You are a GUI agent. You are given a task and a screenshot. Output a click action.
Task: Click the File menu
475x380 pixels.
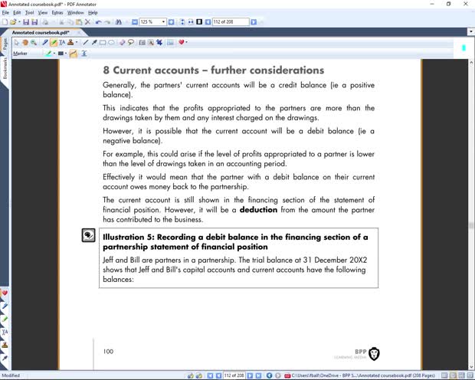[x=6, y=13]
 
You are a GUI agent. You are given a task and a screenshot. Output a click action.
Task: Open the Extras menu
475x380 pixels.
[x=57, y=13]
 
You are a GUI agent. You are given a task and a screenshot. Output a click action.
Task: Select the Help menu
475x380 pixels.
[x=93, y=13]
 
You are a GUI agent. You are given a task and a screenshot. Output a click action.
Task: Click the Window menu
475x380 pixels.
[x=76, y=13]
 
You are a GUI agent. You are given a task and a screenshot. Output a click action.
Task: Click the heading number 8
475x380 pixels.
[x=107, y=70]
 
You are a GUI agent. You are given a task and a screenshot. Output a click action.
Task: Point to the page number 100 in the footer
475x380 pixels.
[x=108, y=352]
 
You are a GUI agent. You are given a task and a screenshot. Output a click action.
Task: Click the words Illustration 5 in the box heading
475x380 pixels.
[x=129, y=237]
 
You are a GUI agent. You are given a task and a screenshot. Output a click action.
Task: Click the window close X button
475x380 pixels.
[x=467, y=4]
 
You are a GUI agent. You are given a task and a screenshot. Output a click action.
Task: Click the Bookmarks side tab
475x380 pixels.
[x=5, y=68]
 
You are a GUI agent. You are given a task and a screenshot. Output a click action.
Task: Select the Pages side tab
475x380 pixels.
[x=5, y=44]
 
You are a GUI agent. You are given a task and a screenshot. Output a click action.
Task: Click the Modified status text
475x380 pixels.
[x=11, y=375]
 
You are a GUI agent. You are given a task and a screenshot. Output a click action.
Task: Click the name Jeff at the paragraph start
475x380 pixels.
[x=110, y=260]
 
